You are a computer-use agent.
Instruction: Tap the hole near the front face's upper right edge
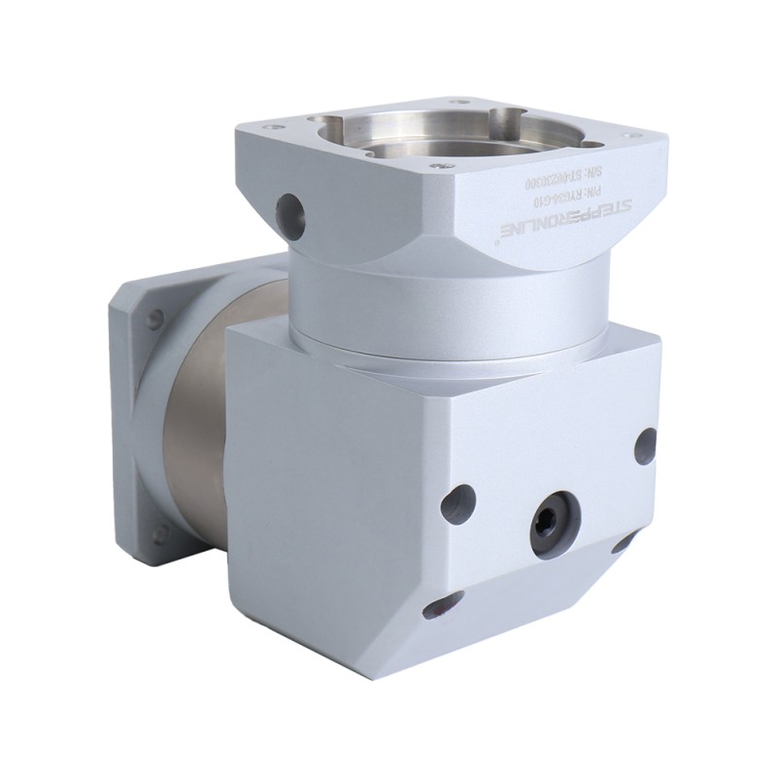click(x=645, y=445)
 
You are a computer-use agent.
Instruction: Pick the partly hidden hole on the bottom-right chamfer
click(x=622, y=544)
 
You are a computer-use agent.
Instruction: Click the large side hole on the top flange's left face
click(x=289, y=211)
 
